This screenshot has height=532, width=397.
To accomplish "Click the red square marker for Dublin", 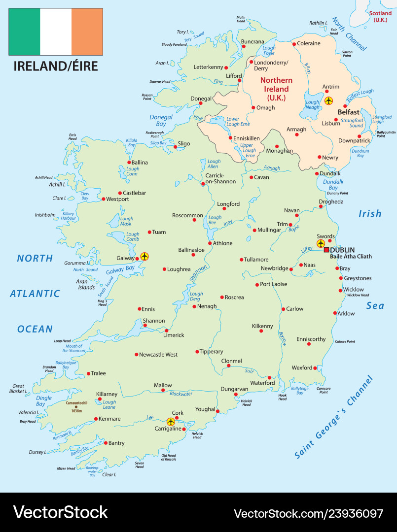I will coord(326,250).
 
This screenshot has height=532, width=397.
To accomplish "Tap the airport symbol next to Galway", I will coord(144,256).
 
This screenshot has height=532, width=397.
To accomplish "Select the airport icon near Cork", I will coord(171,422).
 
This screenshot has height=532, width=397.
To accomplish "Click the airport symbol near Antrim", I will coord(329,101).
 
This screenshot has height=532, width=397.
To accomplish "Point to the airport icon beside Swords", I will coord(321,244).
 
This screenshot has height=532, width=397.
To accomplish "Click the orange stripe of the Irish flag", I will coord(87,32).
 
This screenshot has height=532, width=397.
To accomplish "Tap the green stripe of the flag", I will coord(24,32).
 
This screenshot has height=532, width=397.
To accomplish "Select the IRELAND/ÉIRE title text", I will coord(55,66).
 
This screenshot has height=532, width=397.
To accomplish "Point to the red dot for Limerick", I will coord(167,331).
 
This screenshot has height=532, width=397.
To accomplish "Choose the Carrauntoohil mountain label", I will coord(76,403).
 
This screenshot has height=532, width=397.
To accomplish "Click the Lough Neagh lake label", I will coord(313,105).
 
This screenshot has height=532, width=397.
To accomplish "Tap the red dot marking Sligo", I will coord(175,146).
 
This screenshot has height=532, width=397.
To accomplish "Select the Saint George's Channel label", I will coord(334,418).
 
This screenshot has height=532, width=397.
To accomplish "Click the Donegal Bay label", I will coord(161,121).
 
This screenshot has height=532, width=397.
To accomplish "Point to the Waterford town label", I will coord(262,383).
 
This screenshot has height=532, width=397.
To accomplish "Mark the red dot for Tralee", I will coord(88,373).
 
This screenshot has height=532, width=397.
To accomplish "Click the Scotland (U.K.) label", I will coord(380,16).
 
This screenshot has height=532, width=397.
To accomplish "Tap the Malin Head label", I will coord(241,19).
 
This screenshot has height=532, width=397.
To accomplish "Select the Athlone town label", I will coord(222,243).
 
